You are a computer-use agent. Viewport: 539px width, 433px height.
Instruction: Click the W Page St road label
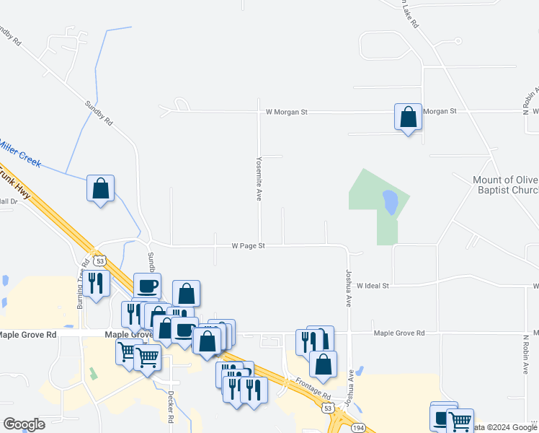click(249, 246)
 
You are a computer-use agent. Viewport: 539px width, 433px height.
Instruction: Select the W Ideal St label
click(373, 286)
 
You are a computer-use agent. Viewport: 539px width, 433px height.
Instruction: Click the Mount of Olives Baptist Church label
click(506, 185)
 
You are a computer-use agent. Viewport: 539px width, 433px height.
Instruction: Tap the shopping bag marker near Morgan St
click(408, 117)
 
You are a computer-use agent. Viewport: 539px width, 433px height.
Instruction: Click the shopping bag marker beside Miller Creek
click(100, 188)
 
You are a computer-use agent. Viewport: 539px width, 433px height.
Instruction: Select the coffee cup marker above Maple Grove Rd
click(147, 286)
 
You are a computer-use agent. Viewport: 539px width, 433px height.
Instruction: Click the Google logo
click(24, 424)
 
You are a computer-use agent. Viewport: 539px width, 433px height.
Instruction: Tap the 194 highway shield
click(358, 428)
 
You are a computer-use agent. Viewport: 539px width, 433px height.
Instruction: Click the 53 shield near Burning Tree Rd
click(99, 259)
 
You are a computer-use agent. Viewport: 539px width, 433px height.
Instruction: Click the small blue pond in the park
click(390, 202)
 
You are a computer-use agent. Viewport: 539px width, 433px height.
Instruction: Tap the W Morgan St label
click(286, 112)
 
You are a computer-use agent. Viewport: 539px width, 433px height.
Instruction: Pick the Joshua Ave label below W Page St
click(349, 288)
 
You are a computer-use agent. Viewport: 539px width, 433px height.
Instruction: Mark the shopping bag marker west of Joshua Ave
click(323, 366)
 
